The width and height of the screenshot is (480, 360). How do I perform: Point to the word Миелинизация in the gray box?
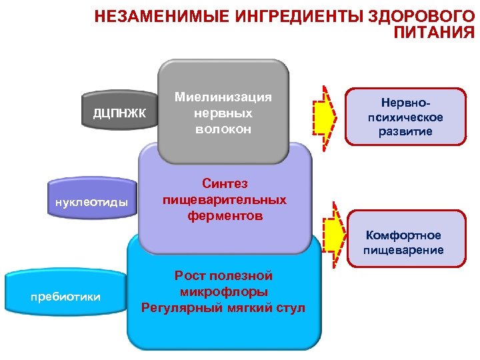pos(223,97)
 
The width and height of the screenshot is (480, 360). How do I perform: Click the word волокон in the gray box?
pos(223,129)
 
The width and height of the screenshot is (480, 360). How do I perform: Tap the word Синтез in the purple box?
pos(224,183)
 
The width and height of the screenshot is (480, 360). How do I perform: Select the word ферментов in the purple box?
pos(224,216)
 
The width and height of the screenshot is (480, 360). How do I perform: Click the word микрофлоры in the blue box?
pos(223,291)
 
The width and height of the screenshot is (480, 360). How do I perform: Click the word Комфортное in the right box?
pos(403,235)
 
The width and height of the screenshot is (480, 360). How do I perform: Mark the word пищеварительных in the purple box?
pos(224,199)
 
